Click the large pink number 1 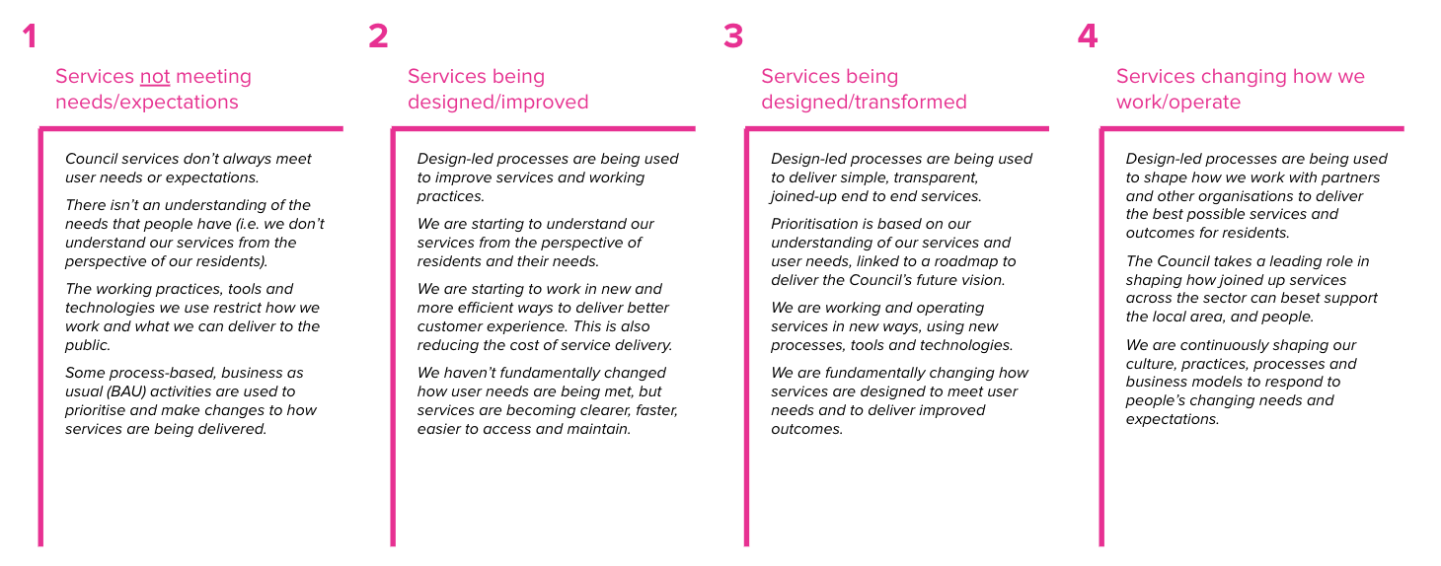click(x=30, y=36)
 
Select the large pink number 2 click(x=378, y=36)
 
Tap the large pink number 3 click(x=732, y=36)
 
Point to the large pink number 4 click(x=1087, y=36)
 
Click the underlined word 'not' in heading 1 click(x=155, y=77)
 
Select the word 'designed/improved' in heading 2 click(x=497, y=103)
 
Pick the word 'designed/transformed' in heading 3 click(x=864, y=103)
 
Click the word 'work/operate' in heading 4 click(x=1178, y=103)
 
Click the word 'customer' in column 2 click(x=450, y=326)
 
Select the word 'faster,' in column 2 click(x=651, y=410)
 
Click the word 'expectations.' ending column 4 click(x=1173, y=419)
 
